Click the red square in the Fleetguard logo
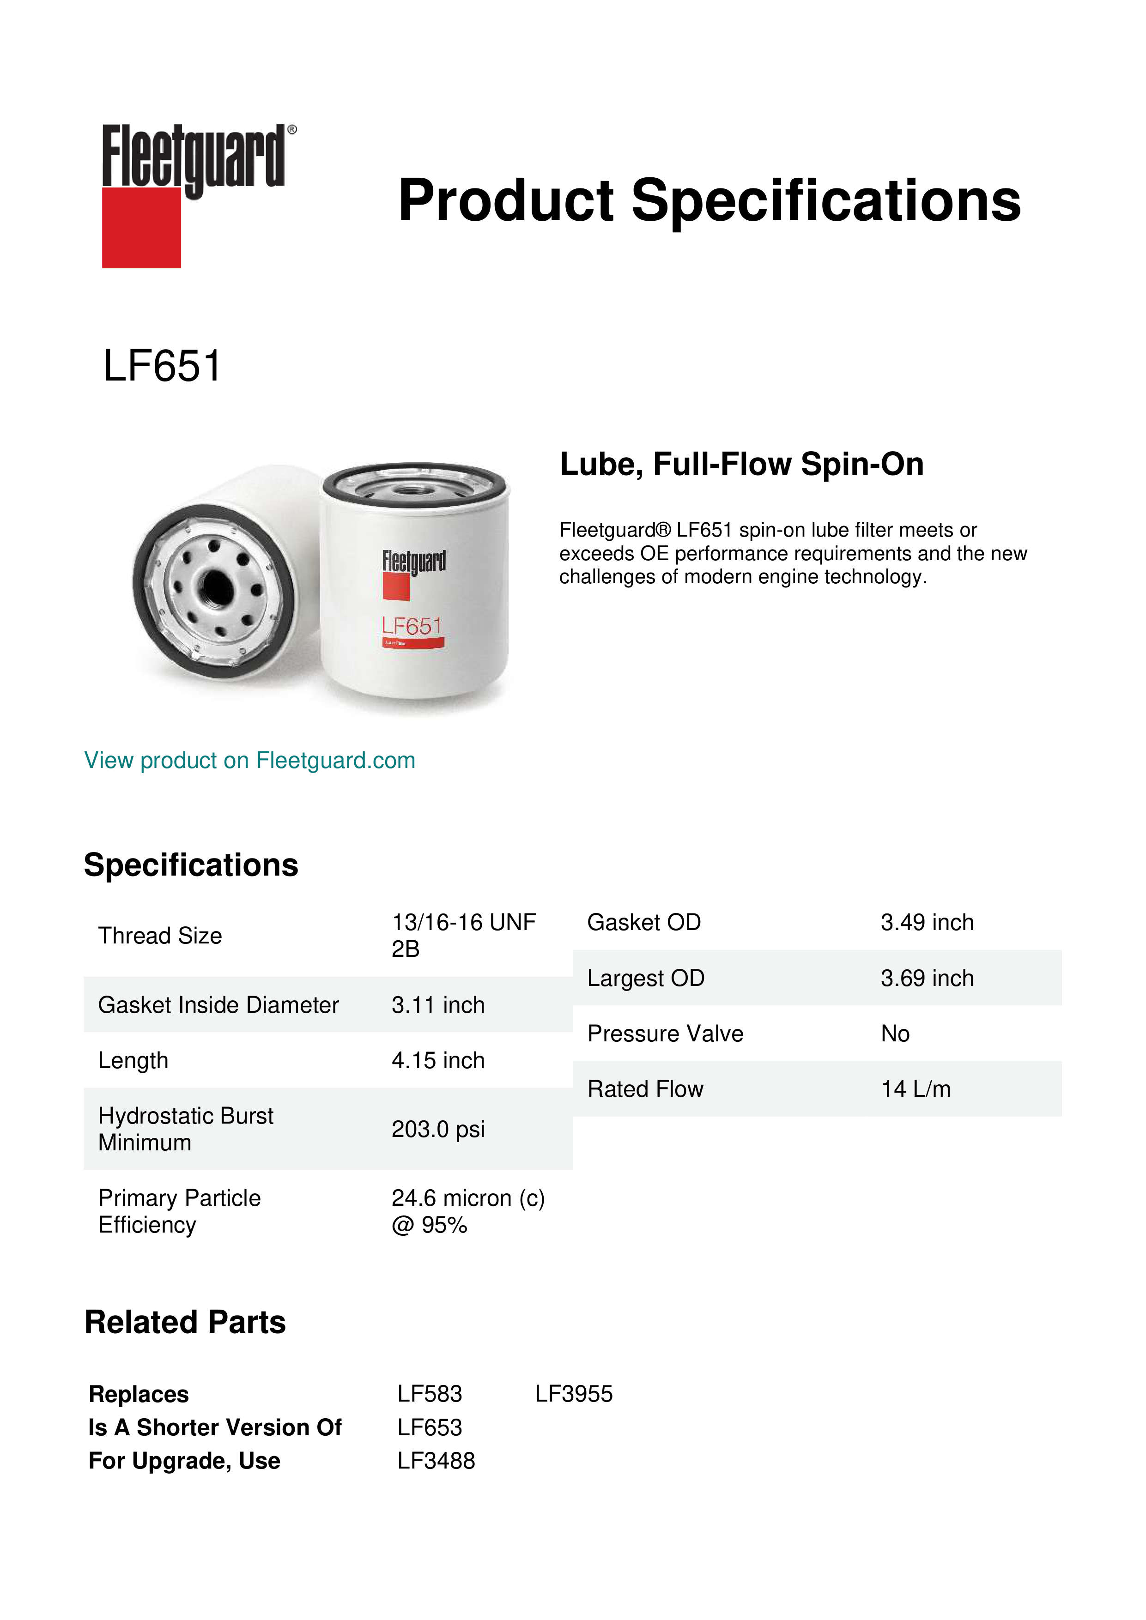click(141, 227)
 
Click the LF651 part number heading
click(162, 366)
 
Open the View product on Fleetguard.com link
click(249, 760)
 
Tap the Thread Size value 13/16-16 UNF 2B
click(463, 935)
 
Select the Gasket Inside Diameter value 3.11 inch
click(437, 1005)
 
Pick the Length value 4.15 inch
click(437, 1060)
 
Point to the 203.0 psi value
click(437, 1129)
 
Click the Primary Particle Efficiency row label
click(179, 1211)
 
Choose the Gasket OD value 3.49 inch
click(927, 922)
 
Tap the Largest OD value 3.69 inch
click(927, 978)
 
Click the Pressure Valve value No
click(895, 1034)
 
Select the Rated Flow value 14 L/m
click(915, 1089)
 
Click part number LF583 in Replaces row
click(429, 1394)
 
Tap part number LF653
click(429, 1427)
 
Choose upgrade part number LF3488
click(436, 1461)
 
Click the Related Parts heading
click(185, 1322)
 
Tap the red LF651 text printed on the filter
click(412, 626)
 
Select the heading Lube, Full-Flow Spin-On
click(741, 464)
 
